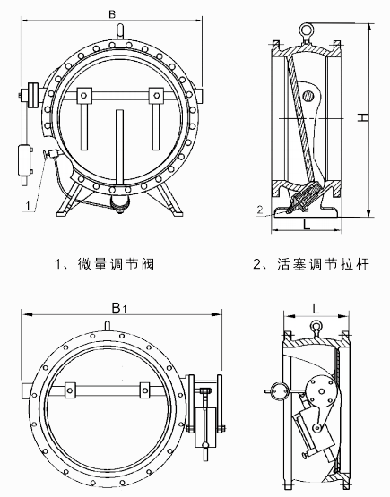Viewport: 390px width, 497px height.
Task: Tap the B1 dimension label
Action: pyautogui.click(x=116, y=306)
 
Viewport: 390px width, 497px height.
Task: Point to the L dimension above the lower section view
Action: pyautogui.click(x=316, y=306)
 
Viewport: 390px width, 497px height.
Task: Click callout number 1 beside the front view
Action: pyautogui.click(x=29, y=205)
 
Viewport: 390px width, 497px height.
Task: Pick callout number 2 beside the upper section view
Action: pyautogui.click(x=260, y=210)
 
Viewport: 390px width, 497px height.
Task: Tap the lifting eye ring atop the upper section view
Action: pyautogui.click(x=308, y=30)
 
